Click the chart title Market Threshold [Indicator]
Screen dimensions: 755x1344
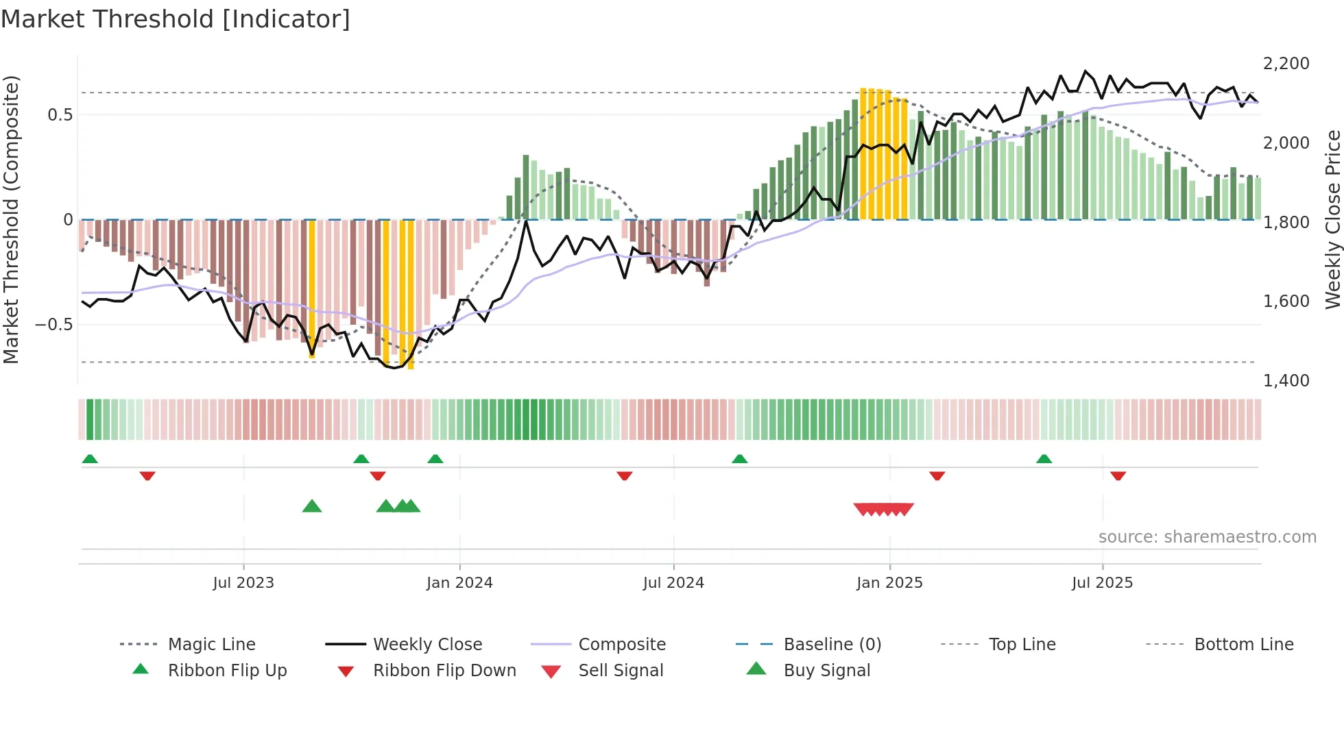(x=176, y=19)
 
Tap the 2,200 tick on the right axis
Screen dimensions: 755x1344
(x=1286, y=64)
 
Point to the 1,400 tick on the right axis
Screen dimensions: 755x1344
(x=1286, y=381)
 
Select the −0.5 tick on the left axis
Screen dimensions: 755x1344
(x=54, y=324)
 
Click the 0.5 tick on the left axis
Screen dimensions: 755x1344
(x=60, y=114)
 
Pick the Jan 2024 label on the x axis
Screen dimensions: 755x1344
(x=459, y=583)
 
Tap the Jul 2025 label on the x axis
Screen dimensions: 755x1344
(x=1102, y=583)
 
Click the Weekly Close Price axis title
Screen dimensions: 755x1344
(x=1332, y=219)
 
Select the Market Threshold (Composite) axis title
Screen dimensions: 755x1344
(x=11, y=219)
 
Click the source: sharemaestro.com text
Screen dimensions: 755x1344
(x=1207, y=537)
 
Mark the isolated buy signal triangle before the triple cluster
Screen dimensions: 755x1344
(x=312, y=506)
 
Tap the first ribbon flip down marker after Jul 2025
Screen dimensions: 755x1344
(x=1118, y=475)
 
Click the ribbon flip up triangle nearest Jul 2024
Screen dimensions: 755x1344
(x=739, y=459)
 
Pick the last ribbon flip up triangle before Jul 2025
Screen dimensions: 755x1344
(x=1044, y=459)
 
